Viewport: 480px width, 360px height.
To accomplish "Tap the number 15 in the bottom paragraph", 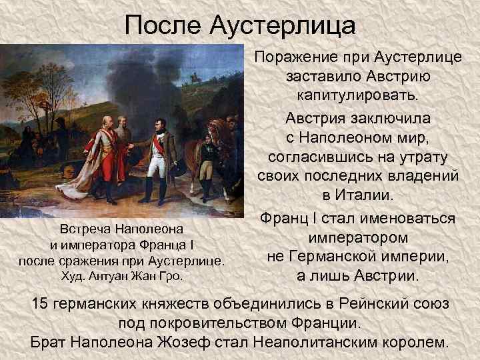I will (x=41, y=303).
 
